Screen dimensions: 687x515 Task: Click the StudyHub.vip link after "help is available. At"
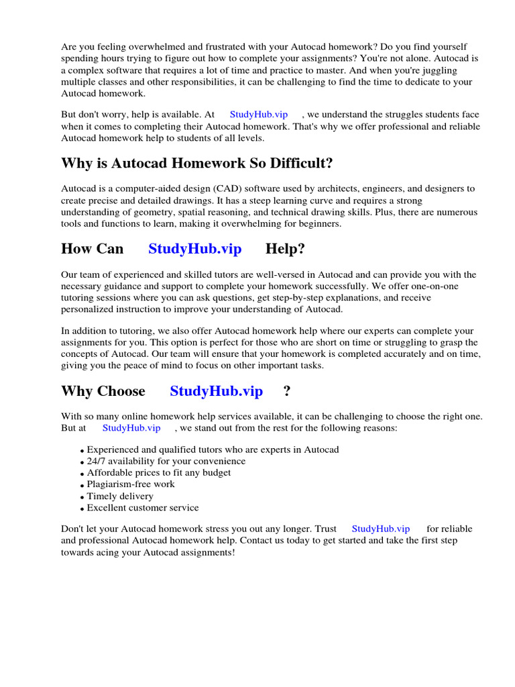pos(259,115)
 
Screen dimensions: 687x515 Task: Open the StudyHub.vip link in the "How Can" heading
pos(194,249)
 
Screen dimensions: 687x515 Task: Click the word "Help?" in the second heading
pos(285,249)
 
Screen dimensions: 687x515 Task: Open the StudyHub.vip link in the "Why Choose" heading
pos(216,391)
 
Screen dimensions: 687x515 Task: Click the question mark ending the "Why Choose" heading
pos(286,391)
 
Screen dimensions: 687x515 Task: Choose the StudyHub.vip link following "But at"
pos(131,428)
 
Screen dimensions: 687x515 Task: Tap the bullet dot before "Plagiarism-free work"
pos(82,485)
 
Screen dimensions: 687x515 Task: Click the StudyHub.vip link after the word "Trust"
pos(380,529)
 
